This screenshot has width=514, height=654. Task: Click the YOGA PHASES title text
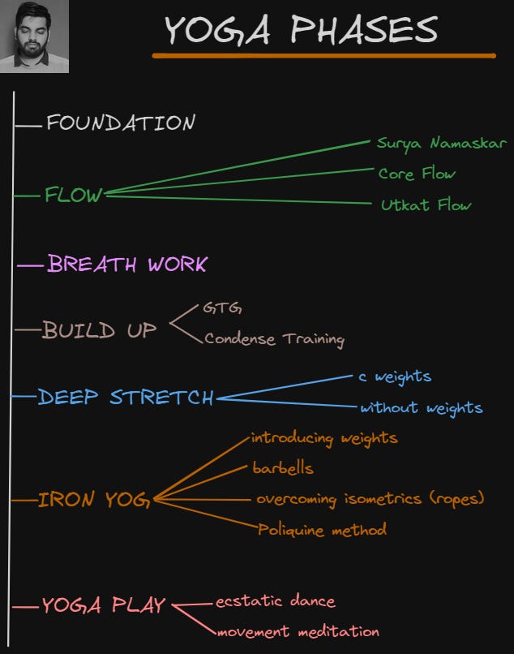[301, 30]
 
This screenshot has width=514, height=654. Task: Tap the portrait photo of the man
[34, 37]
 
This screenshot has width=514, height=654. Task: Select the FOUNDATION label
[121, 123]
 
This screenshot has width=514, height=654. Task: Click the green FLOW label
[74, 196]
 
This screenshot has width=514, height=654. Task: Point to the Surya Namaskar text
[441, 144]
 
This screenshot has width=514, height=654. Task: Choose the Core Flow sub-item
[417, 174]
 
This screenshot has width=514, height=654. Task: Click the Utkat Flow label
[426, 205]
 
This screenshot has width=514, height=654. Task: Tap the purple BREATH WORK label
[127, 264]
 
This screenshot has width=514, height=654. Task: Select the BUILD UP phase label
[100, 330]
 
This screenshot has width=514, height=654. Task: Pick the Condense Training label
[274, 339]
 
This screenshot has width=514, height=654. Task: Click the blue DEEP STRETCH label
[126, 398]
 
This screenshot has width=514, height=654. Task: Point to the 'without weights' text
[421, 407]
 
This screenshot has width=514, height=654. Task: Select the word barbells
[283, 468]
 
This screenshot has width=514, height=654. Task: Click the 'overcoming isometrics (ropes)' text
[370, 499]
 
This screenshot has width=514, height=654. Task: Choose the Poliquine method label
[322, 531]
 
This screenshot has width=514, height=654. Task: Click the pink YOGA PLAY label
[104, 605]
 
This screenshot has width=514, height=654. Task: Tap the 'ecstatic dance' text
[275, 601]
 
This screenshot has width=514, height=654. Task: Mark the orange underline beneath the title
[323, 55]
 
